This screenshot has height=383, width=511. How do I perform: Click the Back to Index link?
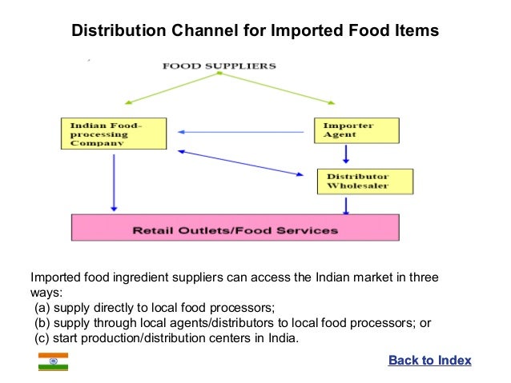[429, 361]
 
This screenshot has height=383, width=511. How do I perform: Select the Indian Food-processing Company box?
[114, 133]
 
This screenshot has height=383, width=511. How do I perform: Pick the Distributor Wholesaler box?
[365, 182]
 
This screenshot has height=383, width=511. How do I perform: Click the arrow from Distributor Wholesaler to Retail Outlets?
[346, 205]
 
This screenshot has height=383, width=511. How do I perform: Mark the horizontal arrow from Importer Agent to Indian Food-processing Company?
[241, 132]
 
